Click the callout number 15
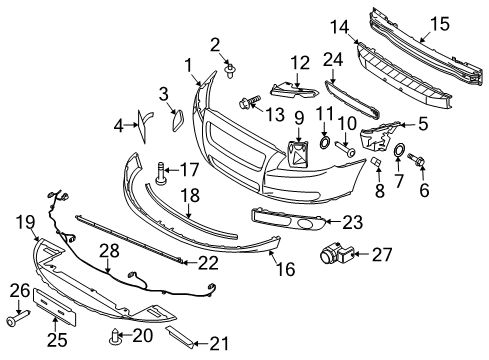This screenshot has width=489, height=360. (x=440, y=24)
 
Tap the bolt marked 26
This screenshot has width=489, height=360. (x=18, y=318)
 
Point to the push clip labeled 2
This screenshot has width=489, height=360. (x=230, y=71)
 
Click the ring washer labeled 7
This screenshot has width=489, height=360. (x=399, y=149)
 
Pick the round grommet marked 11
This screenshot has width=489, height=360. (x=325, y=142)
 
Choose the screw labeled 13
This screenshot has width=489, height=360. (x=249, y=101)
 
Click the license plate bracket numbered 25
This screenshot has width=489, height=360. (x=55, y=307)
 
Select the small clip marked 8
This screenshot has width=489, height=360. (x=376, y=162)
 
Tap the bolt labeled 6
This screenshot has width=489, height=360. (x=416, y=160)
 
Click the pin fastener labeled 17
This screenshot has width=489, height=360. (x=161, y=173)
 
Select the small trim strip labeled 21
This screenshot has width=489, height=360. (x=179, y=337)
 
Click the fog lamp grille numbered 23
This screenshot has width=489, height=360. (x=288, y=220)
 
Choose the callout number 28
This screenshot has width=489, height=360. (x=109, y=251)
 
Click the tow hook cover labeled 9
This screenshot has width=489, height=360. (x=298, y=154)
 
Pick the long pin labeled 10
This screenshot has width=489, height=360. (x=345, y=149)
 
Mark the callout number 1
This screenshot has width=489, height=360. (x=189, y=66)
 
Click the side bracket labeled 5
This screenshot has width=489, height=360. (x=378, y=137)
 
